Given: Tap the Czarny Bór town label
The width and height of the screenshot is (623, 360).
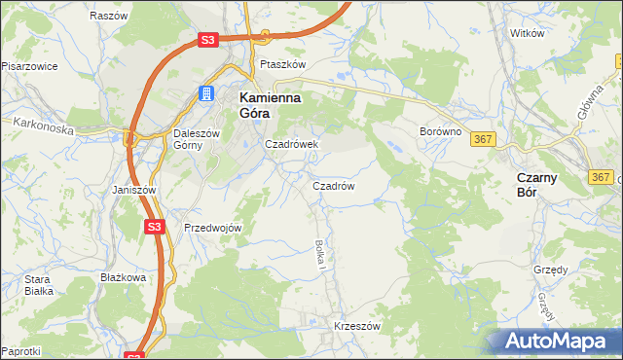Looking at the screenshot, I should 535,185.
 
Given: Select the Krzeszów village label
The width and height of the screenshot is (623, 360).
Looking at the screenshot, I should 355,326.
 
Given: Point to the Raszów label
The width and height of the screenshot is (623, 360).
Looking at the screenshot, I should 108,17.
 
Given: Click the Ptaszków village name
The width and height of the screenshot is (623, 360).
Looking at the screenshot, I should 283,64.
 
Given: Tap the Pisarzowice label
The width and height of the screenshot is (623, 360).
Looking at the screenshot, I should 29,66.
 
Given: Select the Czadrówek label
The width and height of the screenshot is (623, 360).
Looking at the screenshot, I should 292,144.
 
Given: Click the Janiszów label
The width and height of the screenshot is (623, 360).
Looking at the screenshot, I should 133,190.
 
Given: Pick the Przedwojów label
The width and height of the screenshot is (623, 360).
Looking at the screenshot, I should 212,228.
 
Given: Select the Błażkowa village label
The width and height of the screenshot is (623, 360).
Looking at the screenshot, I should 123,277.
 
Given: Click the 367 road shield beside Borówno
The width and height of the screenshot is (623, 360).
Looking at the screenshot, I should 483,140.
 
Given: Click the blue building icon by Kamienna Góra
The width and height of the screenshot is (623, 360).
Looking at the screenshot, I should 206,93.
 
